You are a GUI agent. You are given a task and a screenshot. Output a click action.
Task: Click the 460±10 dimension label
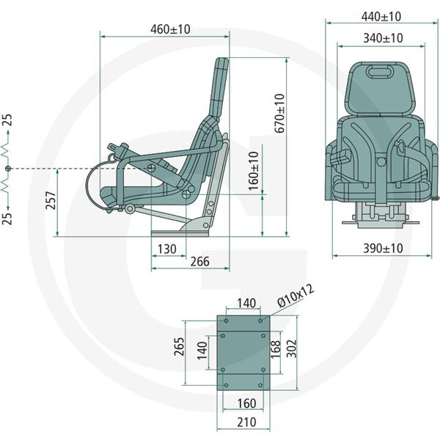(170, 29)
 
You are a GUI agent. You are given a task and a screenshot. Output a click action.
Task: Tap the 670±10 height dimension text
(280, 113)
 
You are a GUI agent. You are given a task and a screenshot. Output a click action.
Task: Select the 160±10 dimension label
(254, 171)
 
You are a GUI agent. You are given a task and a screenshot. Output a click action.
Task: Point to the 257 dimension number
(51, 200)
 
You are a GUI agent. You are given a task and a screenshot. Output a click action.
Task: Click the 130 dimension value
(167, 249)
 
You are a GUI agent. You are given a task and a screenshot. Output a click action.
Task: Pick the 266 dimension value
(199, 262)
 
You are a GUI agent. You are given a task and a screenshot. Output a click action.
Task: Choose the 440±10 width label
(381, 17)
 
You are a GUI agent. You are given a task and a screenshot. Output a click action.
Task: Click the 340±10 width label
(383, 38)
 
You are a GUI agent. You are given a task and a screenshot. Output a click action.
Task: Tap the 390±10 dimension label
(383, 249)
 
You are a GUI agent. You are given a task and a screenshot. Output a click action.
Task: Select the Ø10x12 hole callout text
(296, 296)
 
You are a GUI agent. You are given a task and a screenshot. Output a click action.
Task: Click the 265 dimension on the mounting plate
(179, 347)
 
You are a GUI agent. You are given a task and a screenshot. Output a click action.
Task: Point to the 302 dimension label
(293, 348)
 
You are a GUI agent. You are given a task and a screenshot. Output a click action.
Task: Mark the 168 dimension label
(276, 349)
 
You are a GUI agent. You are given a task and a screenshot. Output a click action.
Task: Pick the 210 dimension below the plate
(246, 422)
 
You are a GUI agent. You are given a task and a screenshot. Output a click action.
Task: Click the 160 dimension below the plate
(246, 403)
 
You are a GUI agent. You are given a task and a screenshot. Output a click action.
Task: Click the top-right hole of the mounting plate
(260, 320)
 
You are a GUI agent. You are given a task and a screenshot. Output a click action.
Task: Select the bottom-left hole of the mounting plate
(226, 385)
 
